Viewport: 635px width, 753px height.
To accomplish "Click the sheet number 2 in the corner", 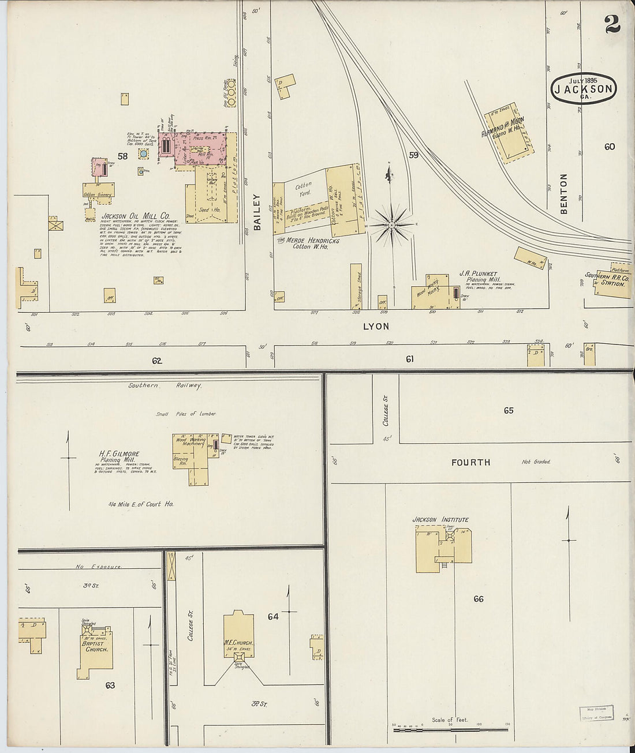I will click(612, 24).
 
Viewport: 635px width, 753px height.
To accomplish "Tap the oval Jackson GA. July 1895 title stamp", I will click(584, 88).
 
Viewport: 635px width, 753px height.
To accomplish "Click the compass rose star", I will click(391, 224).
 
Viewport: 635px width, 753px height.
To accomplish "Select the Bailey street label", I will click(257, 212).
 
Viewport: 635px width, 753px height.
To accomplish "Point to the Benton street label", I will click(564, 194).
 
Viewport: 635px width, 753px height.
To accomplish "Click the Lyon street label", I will click(376, 327).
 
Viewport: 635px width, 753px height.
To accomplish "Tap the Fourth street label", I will click(471, 462).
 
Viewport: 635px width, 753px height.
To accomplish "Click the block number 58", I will click(122, 156).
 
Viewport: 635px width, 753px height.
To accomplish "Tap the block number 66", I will click(478, 599).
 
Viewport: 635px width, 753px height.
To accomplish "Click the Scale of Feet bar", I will click(450, 730).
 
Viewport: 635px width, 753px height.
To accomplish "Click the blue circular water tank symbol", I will click(143, 154).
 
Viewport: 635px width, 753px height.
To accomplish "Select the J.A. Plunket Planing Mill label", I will click(478, 277).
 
